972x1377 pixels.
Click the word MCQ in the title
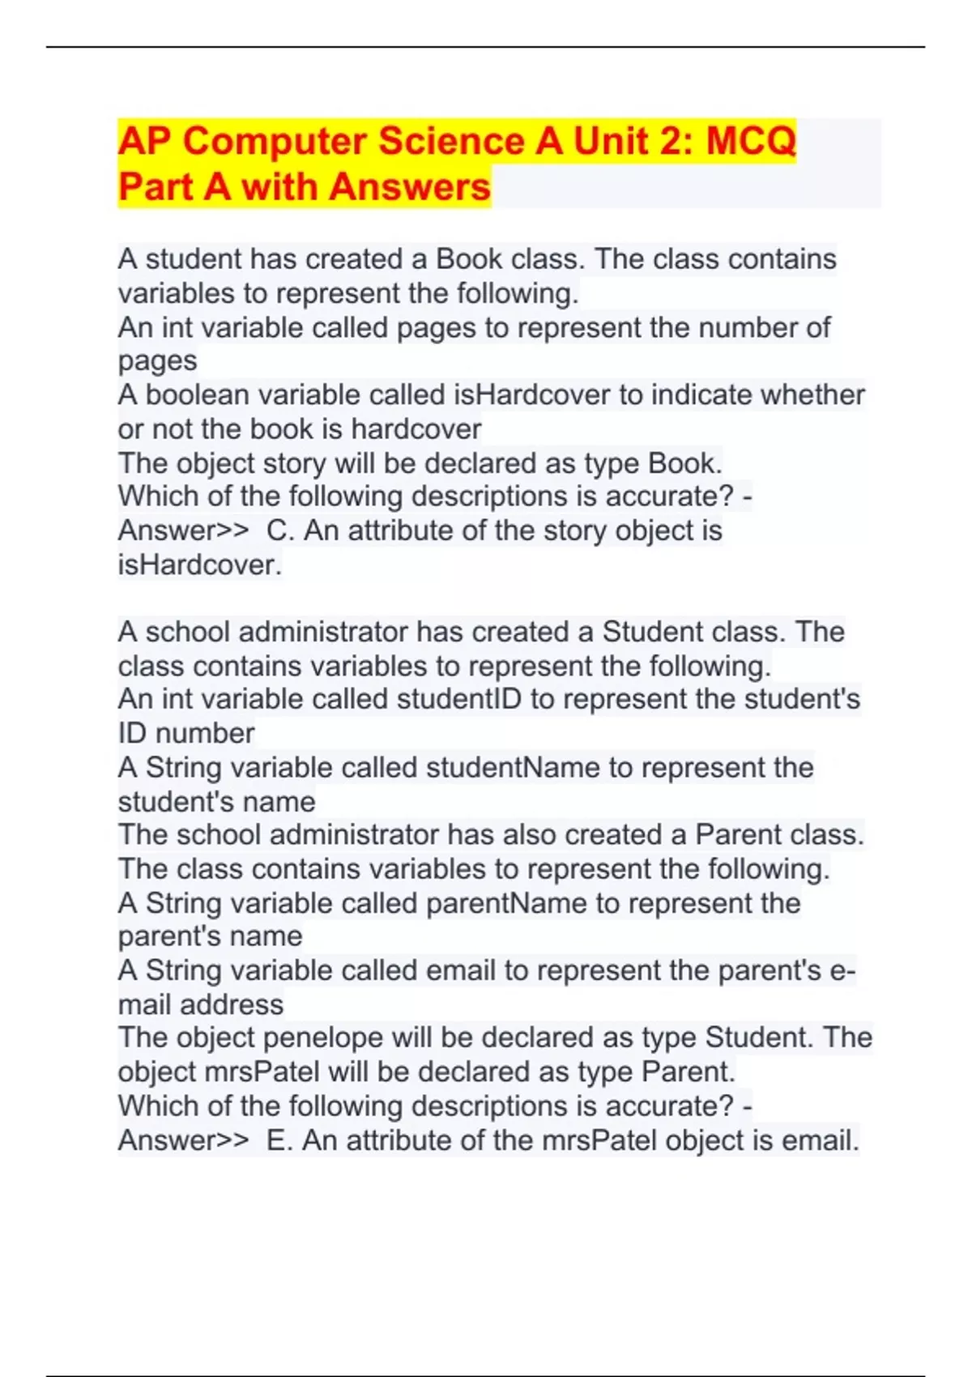[750, 141]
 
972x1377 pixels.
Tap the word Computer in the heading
[275, 141]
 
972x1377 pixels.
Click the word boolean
[185, 395]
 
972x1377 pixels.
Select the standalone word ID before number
[132, 734]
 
